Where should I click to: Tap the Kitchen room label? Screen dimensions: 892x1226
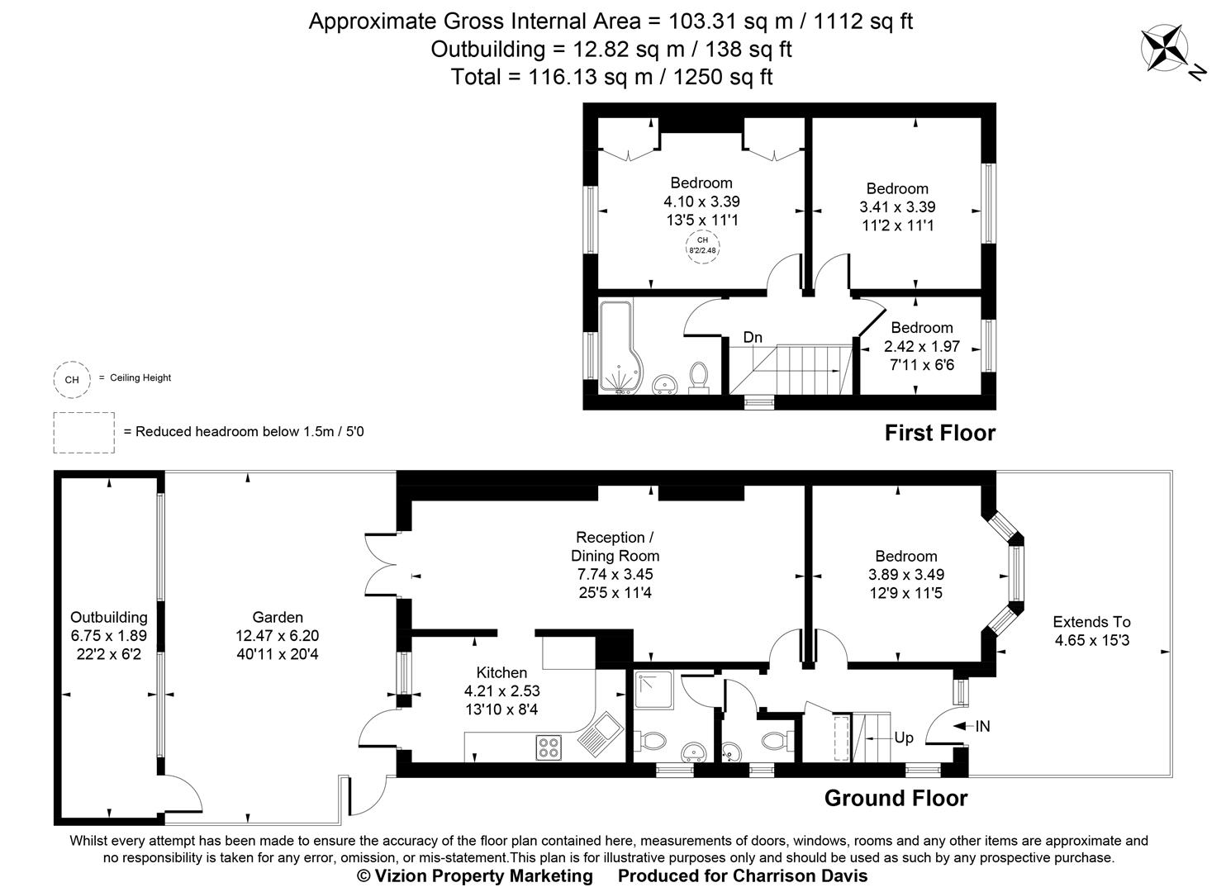[x=501, y=672]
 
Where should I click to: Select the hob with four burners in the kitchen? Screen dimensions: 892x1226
[x=548, y=747]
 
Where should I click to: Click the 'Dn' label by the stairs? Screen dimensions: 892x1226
[x=752, y=337]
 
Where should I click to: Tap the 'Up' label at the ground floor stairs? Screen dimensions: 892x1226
[x=904, y=737]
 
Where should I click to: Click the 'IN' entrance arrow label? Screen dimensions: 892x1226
[x=981, y=727]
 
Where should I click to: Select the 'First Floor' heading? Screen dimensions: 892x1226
[x=939, y=433]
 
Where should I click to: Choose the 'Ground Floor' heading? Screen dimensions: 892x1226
[x=896, y=798]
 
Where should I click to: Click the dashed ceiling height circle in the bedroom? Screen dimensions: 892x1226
[x=701, y=246]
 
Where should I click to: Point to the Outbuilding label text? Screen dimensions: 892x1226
[x=108, y=617]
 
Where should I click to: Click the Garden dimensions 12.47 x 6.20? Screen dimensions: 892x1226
[x=278, y=636]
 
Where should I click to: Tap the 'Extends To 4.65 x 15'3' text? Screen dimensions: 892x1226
[x=1091, y=631]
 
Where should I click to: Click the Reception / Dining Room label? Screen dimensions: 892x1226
[x=615, y=546]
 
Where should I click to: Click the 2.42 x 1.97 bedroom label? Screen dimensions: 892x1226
[x=921, y=346]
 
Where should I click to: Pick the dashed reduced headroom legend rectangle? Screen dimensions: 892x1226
[x=84, y=432]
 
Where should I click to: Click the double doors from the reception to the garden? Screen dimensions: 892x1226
[x=380, y=563]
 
